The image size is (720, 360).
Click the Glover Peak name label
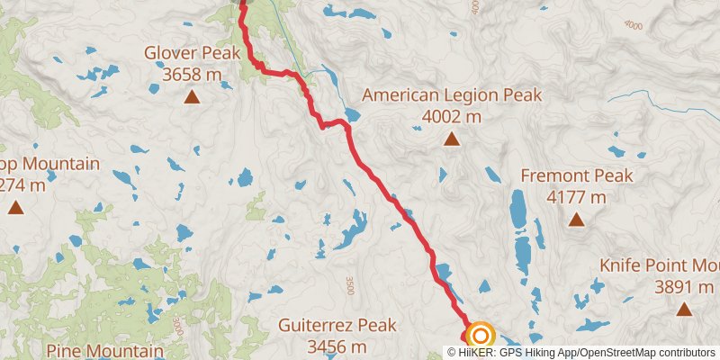[x=192, y=53]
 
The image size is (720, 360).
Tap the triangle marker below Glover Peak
[x=192, y=94]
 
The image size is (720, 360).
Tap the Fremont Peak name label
[x=576, y=176]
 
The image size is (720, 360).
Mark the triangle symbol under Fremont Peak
[x=575, y=219]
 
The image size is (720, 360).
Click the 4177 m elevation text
[x=576, y=196]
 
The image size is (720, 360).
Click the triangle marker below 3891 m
[x=683, y=309]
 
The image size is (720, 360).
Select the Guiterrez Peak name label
[x=337, y=325]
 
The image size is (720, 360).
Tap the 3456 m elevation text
[x=337, y=346]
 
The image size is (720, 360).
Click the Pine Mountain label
[x=105, y=350]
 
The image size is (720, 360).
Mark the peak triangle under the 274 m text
[x=15, y=208]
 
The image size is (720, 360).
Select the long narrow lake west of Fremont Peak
[x=518, y=209]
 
